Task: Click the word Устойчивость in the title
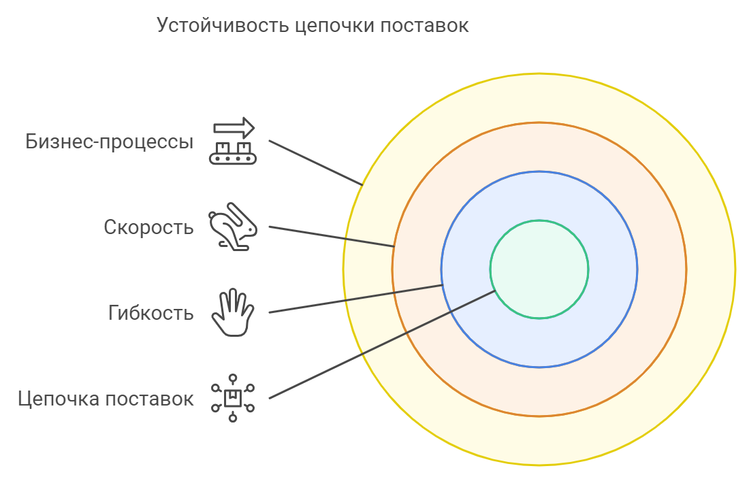pyautogui.click(x=223, y=25)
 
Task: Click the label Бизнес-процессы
pyautogui.click(x=110, y=142)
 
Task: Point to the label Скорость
pyautogui.click(x=148, y=227)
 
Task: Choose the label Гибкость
pyautogui.click(x=151, y=313)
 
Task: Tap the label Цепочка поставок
pyautogui.click(x=106, y=399)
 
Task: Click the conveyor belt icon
pyautogui.click(x=233, y=141)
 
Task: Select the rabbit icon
pyautogui.click(x=233, y=227)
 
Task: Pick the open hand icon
pyautogui.click(x=233, y=312)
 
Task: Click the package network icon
pyautogui.click(x=233, y=398)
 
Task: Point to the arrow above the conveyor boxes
pyautogui.click(x=234, y=128)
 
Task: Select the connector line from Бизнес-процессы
pyautogui.click(x=316, y=163)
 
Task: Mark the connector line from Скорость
pyautogui.click(x=332, y=237)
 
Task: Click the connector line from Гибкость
pyautogui.click(x=356, y=299)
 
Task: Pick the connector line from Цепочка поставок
pyautogui.click(x=383, y=344)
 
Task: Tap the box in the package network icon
pyautogui.click(x=233, y=398)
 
